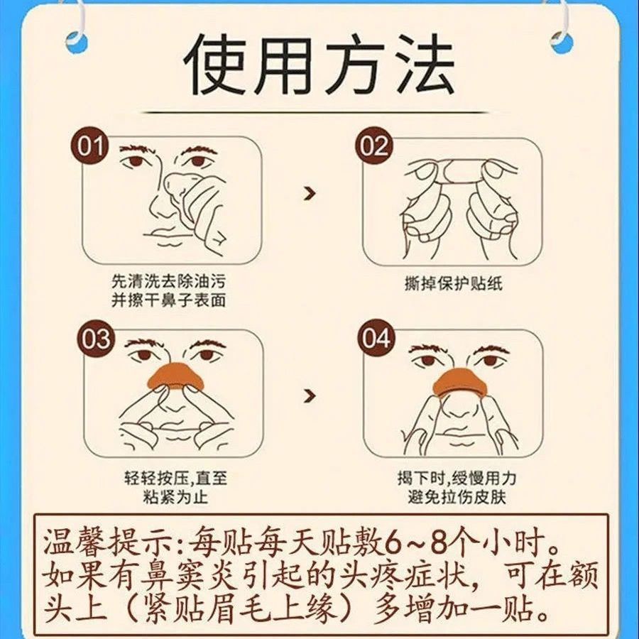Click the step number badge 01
click(x=89, y=146)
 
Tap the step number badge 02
click(x=373, y=146)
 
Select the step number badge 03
click(x=95, y=339)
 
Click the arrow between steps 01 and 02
click(x=310, y=194)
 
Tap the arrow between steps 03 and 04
click(x=310, y=395)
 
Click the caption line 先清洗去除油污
click(x=168, y=282)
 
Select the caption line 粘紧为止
click(x=175, y=497)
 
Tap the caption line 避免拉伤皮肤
click(x=457, y=497)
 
